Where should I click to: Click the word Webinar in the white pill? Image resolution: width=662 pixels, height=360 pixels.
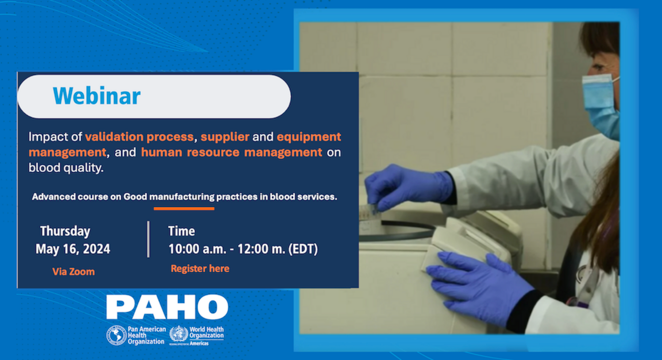click(97, 96)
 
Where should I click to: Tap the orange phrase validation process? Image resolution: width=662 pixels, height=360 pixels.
click(139, 137)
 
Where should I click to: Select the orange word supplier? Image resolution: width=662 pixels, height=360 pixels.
click(225, 137)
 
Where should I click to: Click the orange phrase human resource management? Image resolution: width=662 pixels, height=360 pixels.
click(231, 152)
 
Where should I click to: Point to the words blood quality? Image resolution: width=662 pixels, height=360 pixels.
click(66, 168)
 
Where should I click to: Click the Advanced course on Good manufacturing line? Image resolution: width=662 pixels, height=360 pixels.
click(184, 197)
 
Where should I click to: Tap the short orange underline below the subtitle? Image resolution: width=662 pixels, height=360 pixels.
click(184, 209)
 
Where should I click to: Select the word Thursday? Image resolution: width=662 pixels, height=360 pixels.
click(65, 231)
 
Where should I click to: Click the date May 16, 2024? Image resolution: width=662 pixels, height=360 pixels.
click(73, 249)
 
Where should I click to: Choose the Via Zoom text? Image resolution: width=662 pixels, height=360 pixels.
click(73, 272)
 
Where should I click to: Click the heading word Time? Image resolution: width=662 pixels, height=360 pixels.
click(181, 231)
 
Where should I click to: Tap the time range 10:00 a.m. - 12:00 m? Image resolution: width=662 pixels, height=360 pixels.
click(243, 249)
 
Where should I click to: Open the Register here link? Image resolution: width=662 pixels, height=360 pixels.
click(200, 269)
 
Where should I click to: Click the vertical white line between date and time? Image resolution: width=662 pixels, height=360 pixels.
click(148, 239)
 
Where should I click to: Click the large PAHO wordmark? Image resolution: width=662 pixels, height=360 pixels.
click(167, 307)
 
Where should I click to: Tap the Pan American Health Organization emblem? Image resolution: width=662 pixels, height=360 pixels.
click(117, 335)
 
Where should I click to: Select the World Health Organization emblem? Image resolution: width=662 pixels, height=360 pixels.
click(179, 334)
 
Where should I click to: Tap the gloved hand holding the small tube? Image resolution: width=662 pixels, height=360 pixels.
click(406, 187)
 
